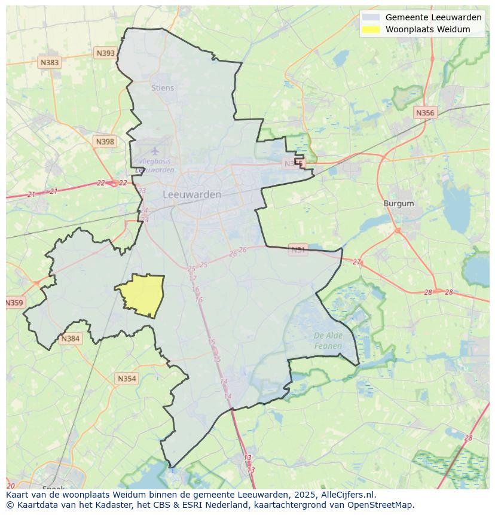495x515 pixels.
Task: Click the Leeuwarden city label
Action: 192,194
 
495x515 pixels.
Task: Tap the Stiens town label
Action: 163,88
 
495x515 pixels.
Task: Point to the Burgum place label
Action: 398,203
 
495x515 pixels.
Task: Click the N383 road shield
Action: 50,62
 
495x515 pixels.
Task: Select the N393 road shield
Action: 105,53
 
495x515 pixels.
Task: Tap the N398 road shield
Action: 105,142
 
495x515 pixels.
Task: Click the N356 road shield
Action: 425,112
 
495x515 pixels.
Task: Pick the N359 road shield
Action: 14,303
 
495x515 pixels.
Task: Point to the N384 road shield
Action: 70,339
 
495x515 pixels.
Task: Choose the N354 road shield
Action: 127,379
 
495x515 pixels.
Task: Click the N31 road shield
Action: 298,249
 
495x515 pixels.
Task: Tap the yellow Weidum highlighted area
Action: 142,295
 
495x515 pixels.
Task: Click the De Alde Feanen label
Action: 328,340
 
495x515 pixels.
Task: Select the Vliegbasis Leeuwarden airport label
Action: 155,166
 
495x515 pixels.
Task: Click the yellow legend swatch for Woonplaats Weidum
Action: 371,29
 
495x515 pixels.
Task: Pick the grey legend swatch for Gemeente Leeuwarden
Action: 371,17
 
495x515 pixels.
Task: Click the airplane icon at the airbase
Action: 155,151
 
